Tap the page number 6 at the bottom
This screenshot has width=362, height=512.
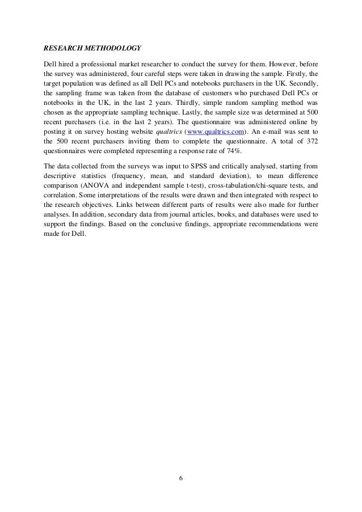point(180,477)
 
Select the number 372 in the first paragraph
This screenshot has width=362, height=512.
point(309,139)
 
